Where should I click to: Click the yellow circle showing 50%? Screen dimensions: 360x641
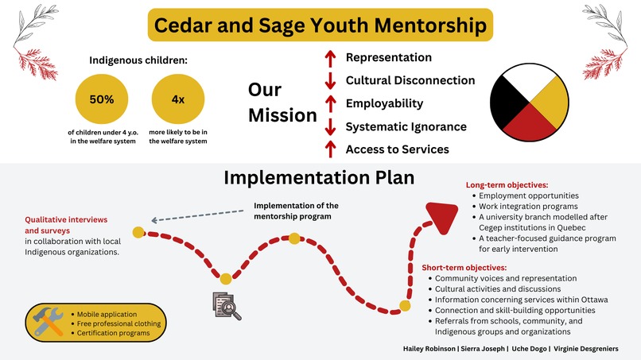tap(101, 100)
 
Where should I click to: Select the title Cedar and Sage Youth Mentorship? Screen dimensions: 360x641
tap(320, 25)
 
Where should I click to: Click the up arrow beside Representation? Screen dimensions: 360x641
tap(329, 59)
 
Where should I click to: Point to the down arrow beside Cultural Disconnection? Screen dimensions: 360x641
tap(329, 81)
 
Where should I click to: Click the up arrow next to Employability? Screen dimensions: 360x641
tap(329, 104)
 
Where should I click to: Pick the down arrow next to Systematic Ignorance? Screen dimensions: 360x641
tap(329, 127)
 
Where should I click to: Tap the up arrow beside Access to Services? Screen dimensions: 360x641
tap(329, 149)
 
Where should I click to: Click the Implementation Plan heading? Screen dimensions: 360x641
tap(319, 176)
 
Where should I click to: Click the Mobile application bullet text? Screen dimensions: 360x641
tap(108, 313)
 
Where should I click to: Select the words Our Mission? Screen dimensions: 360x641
tap(282, 103)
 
